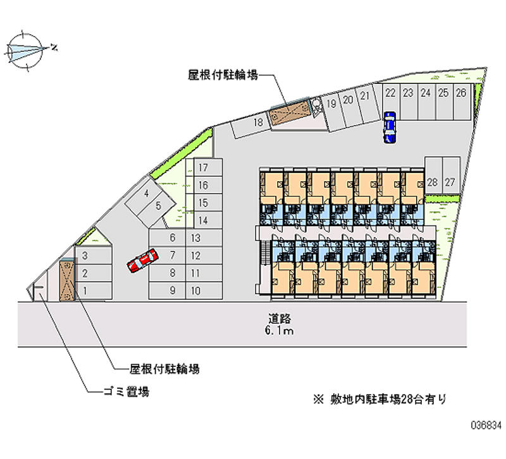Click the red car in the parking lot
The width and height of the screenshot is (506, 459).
[x=142, y=260]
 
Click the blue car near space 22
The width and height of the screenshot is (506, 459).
[x=389, y=126]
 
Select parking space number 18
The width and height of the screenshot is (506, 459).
[x=257, y=123]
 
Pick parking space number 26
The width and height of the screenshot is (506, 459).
[x=461, y=93]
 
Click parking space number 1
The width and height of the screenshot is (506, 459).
[x=85, y=290]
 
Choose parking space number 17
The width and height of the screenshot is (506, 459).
[x=203, y=168]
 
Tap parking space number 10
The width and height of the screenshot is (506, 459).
[x=195, y=290]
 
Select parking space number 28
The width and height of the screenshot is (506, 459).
[x=433, y=182]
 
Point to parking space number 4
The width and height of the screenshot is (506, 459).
[x=146, y=194]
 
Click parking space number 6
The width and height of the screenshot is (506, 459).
[x=173, y=238]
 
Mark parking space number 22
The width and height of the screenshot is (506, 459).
[x=391, y=93]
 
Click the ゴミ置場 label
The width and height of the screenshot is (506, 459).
[x=126, y=392]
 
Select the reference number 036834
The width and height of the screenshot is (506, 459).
[x=484, y=436]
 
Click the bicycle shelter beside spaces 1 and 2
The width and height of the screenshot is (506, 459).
[x=66, y=281]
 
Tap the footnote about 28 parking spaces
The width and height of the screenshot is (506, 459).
[x=379, y=398]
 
